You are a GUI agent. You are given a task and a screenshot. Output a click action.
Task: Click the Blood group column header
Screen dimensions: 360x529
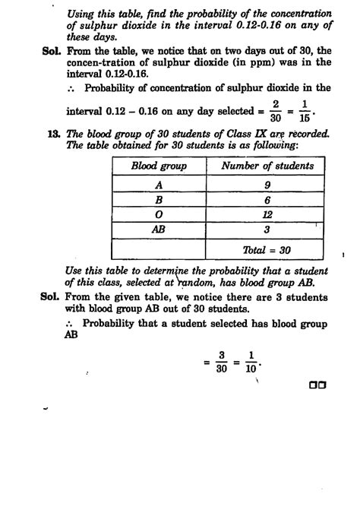pos(159,166)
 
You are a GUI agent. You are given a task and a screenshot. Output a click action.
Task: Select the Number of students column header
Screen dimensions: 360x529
pos(267,166)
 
